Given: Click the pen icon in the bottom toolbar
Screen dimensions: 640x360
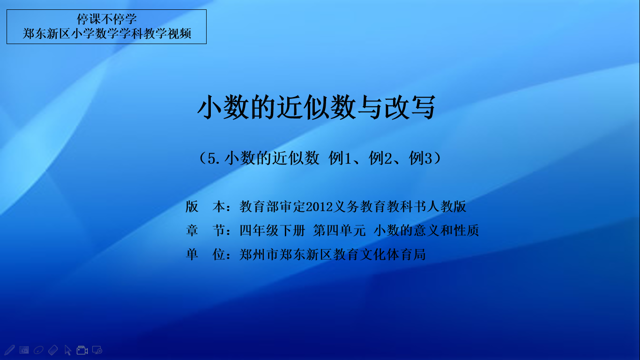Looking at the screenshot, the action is coord(9,350).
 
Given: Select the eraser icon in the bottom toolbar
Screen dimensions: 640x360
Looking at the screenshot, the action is coord(53,350).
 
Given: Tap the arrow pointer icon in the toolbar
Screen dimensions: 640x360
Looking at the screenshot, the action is coord(68,350).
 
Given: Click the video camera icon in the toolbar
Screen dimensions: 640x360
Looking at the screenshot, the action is coord(82,350).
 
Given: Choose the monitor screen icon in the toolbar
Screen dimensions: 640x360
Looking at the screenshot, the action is coord(97,350).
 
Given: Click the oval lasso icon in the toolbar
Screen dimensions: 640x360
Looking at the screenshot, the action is coord(38,350).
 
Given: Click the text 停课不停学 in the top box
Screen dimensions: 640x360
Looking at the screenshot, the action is coord(106,19).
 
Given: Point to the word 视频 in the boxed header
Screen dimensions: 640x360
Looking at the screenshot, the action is coord(179,33).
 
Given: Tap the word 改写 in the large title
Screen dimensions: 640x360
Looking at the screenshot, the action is coord(410,107).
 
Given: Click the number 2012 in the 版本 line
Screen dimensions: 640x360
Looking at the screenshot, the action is coord(319,207).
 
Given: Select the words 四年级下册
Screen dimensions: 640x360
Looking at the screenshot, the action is coord(273,231).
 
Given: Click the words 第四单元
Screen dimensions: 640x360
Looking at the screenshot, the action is coord(339,231).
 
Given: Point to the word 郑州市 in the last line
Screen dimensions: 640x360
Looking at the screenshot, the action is coord(259,255).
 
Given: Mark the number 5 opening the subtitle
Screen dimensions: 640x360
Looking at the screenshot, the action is coord(211,158).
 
